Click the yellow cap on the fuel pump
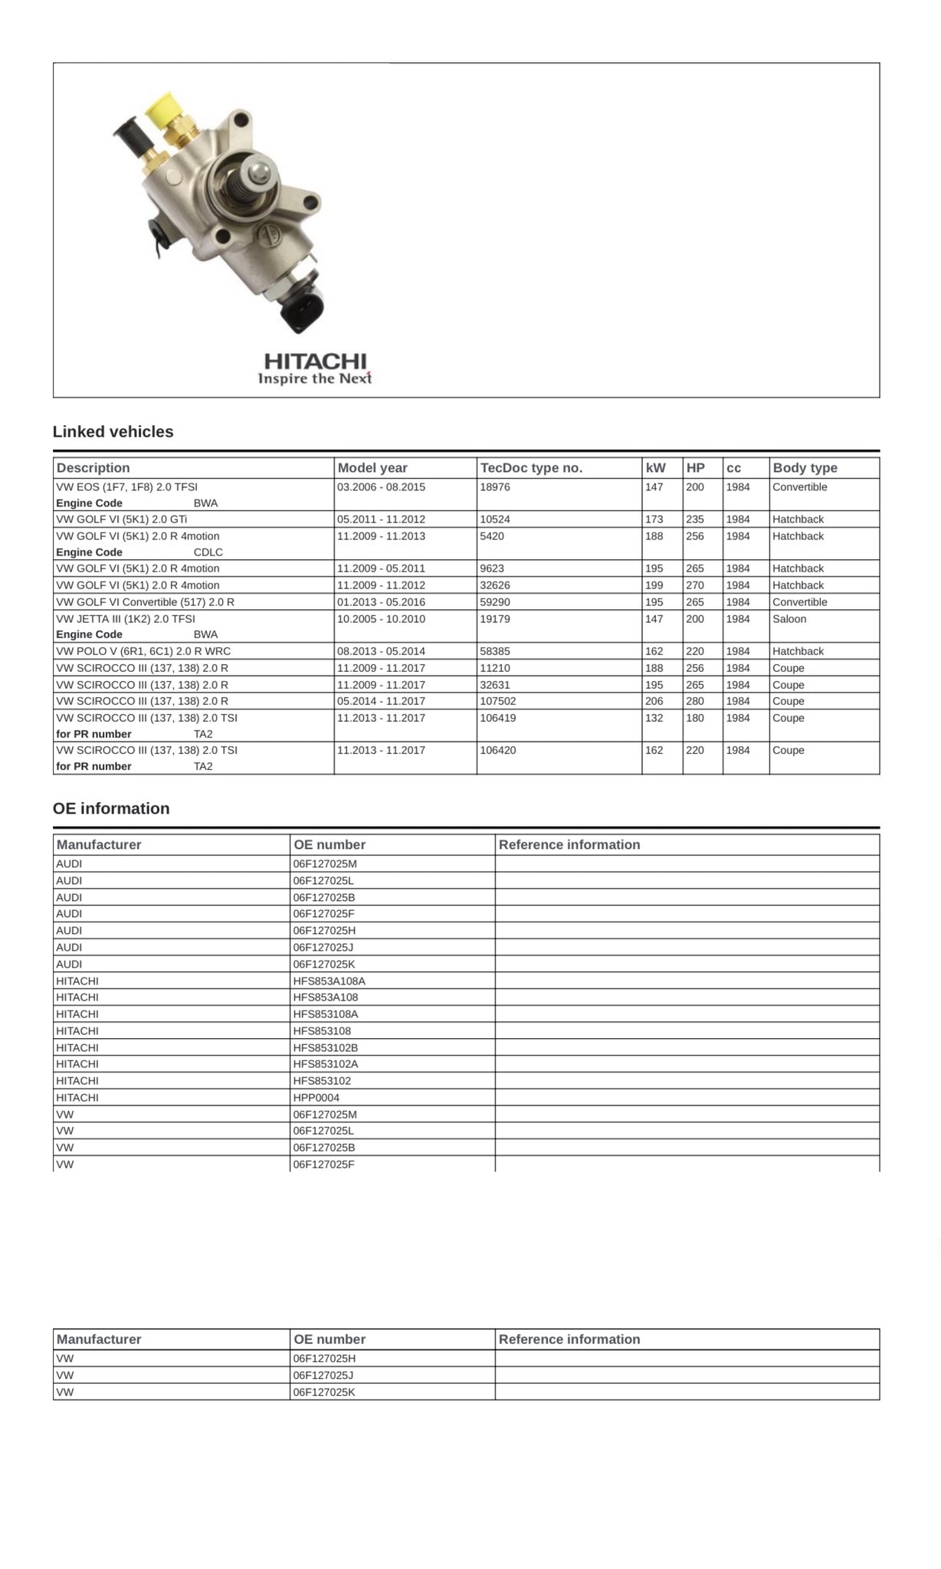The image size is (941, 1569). click(165, 109)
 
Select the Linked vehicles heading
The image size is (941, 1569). click(113, 431)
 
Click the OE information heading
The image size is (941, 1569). click(111, 808)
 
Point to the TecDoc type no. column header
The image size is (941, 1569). click(531, 467)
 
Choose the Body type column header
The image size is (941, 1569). click(805, 467)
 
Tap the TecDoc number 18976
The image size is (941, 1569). click(495, 487)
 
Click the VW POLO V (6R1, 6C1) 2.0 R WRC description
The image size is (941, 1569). click(143, 651)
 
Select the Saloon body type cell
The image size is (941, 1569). click(789, 619)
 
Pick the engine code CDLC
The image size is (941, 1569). click(208, 552)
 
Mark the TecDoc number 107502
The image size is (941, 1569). click(498, 701)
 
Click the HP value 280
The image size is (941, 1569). click(695, 701)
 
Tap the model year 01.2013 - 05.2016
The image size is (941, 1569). click(381, 602)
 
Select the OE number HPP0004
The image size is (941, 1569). click(316, 1098)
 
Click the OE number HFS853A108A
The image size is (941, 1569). click(329, 981)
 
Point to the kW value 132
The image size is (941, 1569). click(654, 718)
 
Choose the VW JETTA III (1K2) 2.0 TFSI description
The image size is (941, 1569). click(126, 619)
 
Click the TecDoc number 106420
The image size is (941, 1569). click(498, 750)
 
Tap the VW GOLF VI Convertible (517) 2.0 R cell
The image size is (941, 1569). click(146, 602)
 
